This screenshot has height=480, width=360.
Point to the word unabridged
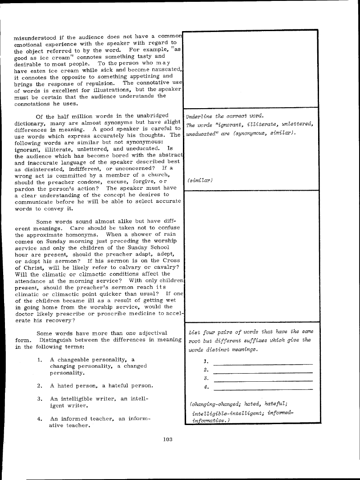click(147, 116)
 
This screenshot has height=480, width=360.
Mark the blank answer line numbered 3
click(263, 381)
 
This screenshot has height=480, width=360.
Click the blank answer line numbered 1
click(263, 364)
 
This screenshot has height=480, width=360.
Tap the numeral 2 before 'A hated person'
click(40, 386)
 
